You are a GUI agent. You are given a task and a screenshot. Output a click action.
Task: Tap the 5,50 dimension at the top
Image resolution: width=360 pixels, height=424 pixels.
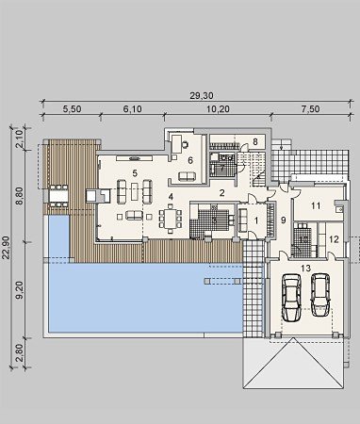pos(73,109)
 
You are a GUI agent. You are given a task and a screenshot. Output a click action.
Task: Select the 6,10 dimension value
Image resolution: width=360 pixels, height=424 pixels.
pos(132,109)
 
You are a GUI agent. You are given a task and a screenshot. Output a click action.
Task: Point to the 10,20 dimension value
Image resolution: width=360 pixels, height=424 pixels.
pos(218,109)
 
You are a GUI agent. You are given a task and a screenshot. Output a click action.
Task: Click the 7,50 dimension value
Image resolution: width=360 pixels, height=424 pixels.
pos(311,109)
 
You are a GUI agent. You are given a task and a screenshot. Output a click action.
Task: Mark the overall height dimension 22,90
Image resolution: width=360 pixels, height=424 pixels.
pos(6,248)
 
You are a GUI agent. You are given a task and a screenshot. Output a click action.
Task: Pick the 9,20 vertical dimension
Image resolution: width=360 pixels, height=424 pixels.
pos(20,290)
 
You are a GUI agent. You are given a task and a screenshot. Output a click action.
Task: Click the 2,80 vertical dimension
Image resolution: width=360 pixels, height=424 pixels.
pos(20,352)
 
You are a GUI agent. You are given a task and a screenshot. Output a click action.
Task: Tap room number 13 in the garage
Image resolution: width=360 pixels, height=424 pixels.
pos(305,269)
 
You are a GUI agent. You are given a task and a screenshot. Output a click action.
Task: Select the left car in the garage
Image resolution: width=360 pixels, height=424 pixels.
pos(292,298)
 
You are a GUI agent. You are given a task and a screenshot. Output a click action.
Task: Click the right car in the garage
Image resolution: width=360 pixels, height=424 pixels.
pos(320,295)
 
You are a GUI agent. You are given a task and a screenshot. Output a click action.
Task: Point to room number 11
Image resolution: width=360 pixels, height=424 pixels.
pos(316,206)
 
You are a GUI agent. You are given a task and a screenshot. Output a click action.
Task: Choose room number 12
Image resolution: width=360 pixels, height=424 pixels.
pos(334,239)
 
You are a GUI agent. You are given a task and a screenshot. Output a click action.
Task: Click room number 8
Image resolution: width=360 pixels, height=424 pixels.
pos(255,142)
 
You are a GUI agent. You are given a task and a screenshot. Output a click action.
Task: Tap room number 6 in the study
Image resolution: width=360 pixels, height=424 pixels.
pos(190,161)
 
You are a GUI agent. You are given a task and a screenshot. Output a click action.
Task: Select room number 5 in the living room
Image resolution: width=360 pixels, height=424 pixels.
pos(135,172)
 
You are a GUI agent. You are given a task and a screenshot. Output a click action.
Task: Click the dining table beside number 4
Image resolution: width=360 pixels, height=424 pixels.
pos(171,219)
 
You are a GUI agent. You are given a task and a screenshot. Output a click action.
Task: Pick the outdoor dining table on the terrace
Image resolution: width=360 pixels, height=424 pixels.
pos(58,196)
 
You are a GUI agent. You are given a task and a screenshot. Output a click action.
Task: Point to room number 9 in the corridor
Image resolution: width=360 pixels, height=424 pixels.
pos(283,220)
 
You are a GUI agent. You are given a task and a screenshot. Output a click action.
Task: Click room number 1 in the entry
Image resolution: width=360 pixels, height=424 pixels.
pos(256,220)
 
